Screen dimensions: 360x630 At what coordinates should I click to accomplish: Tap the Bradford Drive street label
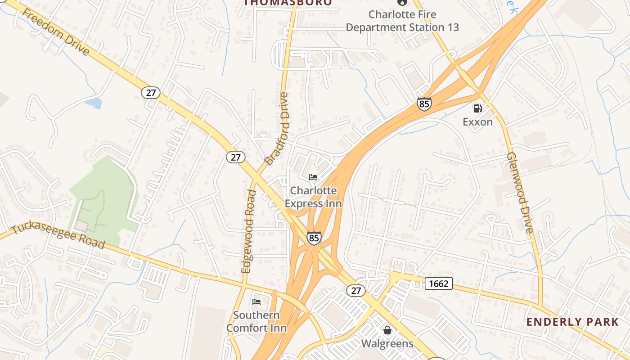[275, 129]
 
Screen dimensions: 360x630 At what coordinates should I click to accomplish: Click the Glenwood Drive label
[520, 193]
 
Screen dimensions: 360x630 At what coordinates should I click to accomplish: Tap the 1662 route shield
[438, 283]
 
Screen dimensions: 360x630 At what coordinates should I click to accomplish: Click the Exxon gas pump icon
[477, 108]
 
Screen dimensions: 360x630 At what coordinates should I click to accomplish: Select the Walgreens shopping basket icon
[387, 331]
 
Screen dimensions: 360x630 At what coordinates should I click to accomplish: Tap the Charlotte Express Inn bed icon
[313, 177]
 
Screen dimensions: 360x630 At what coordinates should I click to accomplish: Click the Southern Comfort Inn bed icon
[256, 301]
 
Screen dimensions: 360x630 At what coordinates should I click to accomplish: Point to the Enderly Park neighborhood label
[572, 322]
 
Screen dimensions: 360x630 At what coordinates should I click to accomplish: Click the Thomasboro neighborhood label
[288, 3]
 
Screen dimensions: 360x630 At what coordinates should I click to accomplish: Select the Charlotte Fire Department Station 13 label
[402, 21]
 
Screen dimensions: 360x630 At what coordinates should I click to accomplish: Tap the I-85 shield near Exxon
[424, 103]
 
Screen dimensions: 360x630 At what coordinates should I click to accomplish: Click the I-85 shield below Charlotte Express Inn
[314, 238]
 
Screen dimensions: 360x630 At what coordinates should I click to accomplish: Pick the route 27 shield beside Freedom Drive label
[150, 93]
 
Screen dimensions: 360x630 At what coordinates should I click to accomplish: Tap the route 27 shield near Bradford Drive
[235, 157]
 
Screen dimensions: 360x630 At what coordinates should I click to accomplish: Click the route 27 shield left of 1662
[355, 290]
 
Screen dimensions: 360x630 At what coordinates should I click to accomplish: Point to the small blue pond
[93, 103]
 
